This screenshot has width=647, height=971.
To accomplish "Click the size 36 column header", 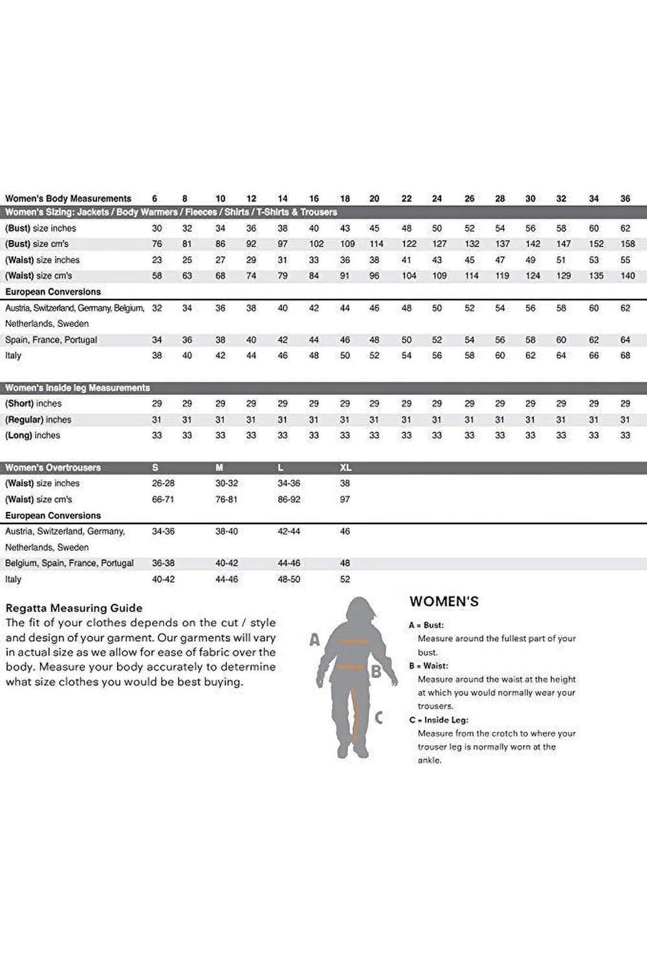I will click(x=625, y=199).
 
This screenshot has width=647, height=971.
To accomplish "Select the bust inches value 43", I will click(x=345, y=229).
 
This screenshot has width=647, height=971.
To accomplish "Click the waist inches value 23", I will click(x=157, y=260).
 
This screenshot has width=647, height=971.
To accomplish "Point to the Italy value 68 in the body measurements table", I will click(x=625, y=355).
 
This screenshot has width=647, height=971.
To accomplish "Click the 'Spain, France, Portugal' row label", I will click(x=51, y=340).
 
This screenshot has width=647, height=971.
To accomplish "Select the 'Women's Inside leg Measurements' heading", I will click(x=78, y=388).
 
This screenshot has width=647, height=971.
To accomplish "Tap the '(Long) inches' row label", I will click(x=32, y=436).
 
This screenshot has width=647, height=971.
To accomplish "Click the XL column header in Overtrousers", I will click(x=345, y=467).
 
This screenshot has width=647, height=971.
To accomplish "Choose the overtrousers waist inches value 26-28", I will click(x=163, y=484).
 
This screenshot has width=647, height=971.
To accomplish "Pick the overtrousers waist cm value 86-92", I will click(x=289, y=500).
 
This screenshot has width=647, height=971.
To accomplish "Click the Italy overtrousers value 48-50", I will click(x=289, y=579).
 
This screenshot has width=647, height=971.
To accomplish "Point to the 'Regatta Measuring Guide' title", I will click(x=74, y=608).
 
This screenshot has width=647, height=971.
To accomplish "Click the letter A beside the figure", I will click(x=314, y=640).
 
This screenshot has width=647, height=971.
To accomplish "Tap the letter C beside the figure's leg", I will click(x=378, y=717).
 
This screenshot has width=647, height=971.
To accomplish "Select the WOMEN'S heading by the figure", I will click(x=444, y=601).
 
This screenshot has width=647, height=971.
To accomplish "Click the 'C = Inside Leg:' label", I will click(x=439, y=720).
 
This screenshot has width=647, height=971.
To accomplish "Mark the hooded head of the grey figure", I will click(x=357, y=612).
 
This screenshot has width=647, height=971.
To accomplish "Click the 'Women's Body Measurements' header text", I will click(x=68, y=199).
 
